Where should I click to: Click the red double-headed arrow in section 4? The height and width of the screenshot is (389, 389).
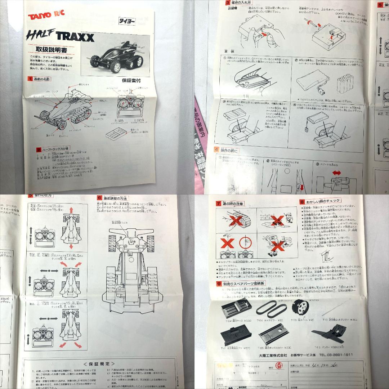pyautogui.click(x=337, y=173)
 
